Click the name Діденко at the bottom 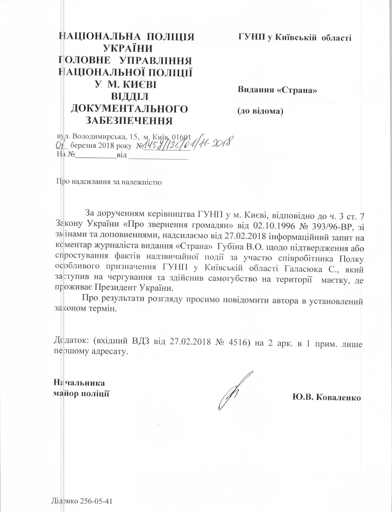tap(64, 502)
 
